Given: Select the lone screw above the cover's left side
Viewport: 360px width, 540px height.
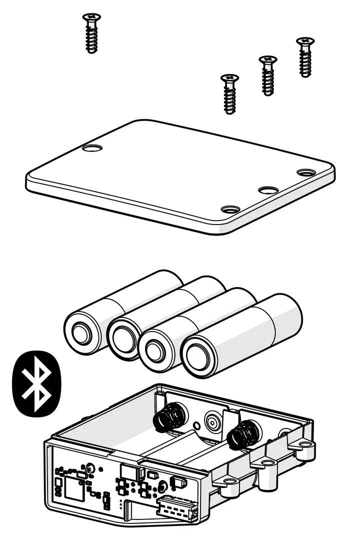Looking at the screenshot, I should (x=91, y=33).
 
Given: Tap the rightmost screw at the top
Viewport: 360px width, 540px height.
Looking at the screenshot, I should (x=305, y=56).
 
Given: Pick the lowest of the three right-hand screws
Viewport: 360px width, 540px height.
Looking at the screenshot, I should (x=230, y=93).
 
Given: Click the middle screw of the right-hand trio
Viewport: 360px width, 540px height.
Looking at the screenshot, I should (x=268, y=75).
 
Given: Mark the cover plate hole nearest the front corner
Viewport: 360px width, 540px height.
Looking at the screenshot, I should (x=230, y=209).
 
